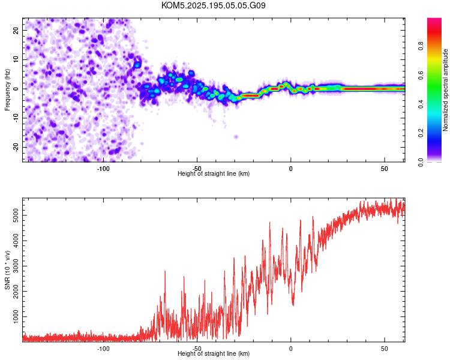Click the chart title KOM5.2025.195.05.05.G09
pyautogui.click(x=213, y=5)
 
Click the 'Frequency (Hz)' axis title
pyautogui.click(x=7, y=90)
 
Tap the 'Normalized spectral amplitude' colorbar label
pyautogui.click(x=445, y=90)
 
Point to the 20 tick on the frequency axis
pyautogui.click(x=16, y=30)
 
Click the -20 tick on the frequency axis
pyautogui.click(x=16, y=147)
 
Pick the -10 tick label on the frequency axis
pyautogui.click(x=16, y=118)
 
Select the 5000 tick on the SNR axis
pyautogui.click(x=16, y=215)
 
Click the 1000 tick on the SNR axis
pyautogui.click(x=16, y=317)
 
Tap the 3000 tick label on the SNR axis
pyautogui.click(x=16, y=266)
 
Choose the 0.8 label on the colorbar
pyautogui.click(x=421, y=46)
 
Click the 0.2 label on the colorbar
pyautogui.click(x=421, y=133)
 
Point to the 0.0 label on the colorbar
pyautogui.click(x=421, y=162)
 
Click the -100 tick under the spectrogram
pyautogui.click(x=103, y=169)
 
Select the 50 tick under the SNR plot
pyautogui.click(x=384, y=349)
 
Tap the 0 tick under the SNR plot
pyautogui.click(x=291, y=349)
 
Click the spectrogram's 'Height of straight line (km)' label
pyautogui.click(x=214, y=173)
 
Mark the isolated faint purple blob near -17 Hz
pyautogui.click(x=236, y=137)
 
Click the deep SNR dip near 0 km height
pyautogui.click(x=293, y=304)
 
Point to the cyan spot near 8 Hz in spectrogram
pyautogui.click(x=137, y=65)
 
